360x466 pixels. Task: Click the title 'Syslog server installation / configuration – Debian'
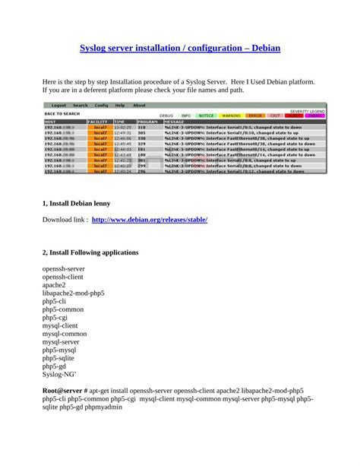[x=180, y=48]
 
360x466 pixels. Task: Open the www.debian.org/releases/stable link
[x=149, y=220]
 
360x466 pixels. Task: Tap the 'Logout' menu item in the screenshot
[x=59, y=106]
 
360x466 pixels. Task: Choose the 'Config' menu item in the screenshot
[x=101, y=106]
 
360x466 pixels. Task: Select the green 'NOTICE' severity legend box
[x=206, y=116]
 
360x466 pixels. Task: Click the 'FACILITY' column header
[x=98, y=121]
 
